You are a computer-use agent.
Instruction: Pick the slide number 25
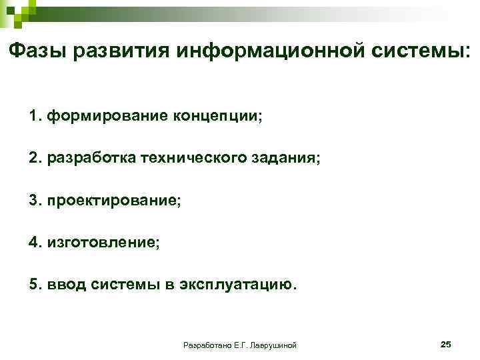tap(446, 344)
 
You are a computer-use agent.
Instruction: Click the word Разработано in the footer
tap(206, 345)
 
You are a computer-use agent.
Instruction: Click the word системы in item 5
tap(131, 285)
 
